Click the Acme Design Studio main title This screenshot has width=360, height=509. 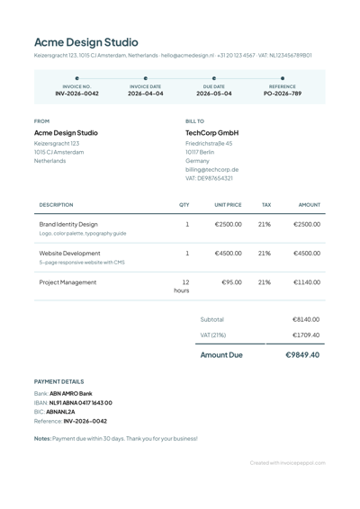86,41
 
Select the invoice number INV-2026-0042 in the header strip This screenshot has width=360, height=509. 76,93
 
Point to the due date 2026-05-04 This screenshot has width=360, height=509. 214,93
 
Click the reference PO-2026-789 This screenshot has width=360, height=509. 283,93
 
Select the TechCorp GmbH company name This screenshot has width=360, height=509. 211,132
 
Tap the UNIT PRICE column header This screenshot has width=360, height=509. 228,205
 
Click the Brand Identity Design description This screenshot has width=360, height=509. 69,224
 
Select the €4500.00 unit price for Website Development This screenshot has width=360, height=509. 228,254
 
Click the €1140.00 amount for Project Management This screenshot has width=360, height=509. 306,282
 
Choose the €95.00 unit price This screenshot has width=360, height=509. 231,282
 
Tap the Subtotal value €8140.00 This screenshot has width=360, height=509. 306,319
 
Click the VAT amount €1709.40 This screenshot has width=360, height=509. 306,335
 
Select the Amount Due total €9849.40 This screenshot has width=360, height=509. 302,355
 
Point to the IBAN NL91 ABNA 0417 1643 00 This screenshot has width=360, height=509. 81,403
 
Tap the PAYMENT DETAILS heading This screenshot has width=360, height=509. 58,381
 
